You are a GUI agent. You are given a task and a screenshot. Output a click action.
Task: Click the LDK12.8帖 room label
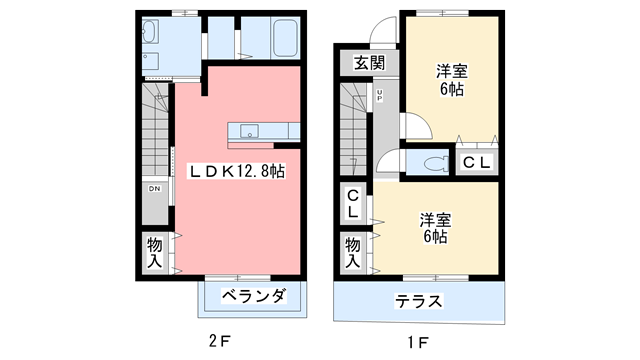pos(237,172)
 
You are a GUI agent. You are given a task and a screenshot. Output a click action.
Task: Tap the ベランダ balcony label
pos(254,296)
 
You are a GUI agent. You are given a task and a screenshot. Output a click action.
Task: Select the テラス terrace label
pos(418,302)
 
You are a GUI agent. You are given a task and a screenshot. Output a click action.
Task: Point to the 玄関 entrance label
pos(369,63)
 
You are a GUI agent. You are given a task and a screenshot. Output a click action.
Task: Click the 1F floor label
pos(419,342)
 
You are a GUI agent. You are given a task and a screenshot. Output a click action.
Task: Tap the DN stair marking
pos(155,188)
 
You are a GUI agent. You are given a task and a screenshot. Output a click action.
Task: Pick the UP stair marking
pos(381,97)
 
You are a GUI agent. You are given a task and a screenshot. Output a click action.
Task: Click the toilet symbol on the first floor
pos(434,162)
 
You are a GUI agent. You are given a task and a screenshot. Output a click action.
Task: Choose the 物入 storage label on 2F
pos(155,252)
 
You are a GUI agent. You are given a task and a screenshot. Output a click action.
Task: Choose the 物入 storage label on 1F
pos(354,252)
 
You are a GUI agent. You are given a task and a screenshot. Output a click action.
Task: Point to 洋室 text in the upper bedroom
pos(450,71)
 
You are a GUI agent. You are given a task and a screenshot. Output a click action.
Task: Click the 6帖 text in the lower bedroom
pos(433,237)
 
